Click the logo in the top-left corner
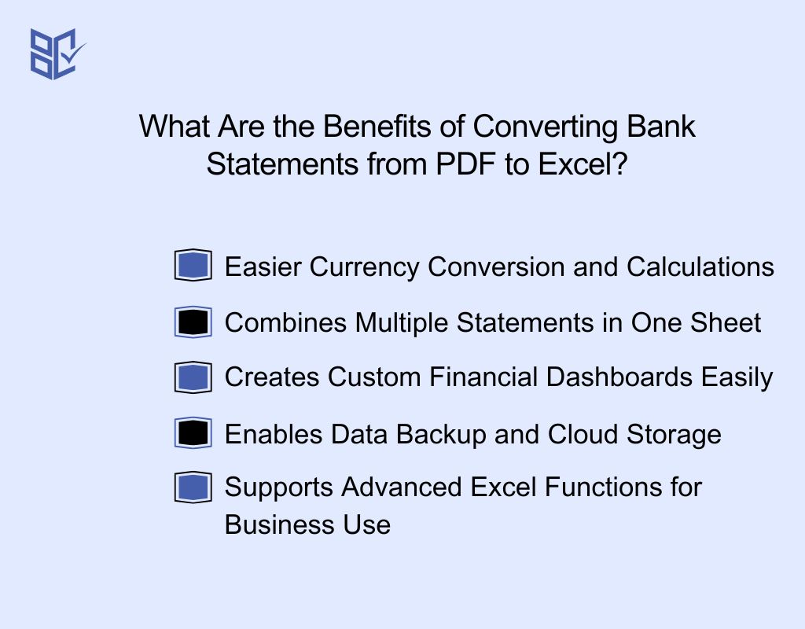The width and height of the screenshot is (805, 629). [57, 53]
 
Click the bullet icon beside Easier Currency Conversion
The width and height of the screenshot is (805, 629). [193, 266]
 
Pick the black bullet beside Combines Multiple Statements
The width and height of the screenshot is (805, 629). [193, 322]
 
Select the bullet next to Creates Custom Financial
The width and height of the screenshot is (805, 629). [193, 377]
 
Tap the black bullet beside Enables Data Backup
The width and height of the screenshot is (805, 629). [193, 433]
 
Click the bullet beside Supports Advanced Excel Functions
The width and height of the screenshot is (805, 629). [193, 487]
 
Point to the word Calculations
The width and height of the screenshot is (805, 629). [700, 267]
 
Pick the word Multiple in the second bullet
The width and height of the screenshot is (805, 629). [402, 322]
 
